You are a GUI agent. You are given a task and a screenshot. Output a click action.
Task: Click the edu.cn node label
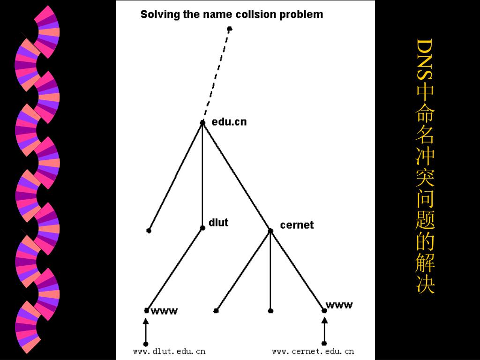(x=229, y=122)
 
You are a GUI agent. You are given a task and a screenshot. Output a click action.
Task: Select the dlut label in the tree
(x=218, y=222)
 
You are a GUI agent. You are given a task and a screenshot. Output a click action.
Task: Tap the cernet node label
(x=297, y=225)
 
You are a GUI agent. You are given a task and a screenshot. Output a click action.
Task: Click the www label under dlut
(x=164, y=311)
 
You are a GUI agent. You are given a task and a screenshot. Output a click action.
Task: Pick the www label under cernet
(x=339, y=306)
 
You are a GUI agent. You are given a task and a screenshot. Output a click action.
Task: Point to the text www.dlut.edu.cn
(x=169, y=351)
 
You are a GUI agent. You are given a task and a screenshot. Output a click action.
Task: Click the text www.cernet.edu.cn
(x=313, y=351)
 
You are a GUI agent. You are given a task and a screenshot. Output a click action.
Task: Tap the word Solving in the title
(x=160, y=15)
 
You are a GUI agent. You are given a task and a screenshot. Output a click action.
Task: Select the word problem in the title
(x=301, y=15)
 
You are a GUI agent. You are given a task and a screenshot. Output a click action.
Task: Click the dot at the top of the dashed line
(x=229, y=29)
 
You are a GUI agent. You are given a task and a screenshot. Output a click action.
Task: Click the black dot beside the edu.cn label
(x=202, y=123)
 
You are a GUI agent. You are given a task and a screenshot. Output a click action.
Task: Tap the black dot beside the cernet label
(x=270, y=230)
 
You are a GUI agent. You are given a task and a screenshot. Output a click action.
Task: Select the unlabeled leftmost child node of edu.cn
(x=149, y=231)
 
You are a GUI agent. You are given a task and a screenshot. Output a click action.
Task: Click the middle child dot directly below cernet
(x=270, y=310)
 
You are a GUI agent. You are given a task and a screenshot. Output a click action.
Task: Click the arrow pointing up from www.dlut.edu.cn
(x=146, y=330)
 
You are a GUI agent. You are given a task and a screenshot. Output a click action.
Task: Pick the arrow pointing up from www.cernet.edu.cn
(x=324, y=330)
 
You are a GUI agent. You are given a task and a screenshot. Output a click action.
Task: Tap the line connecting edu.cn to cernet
(x=236, y=176)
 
